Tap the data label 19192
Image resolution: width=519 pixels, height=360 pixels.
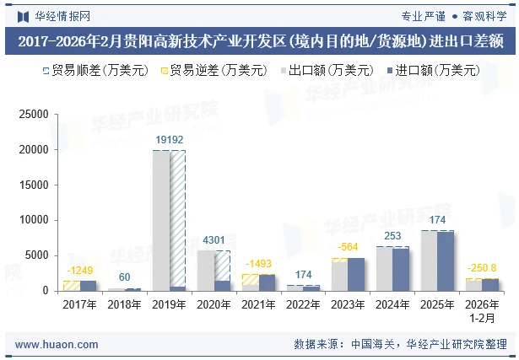tap(169, 140)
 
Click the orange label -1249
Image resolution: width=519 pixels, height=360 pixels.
tap(80, 271)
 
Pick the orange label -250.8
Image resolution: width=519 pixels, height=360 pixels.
tap(481, 268)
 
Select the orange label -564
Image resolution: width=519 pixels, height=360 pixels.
tap(347, 247)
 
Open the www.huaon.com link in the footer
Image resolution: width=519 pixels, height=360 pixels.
tap(51, 344)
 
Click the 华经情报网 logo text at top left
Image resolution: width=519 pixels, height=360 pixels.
tap(56, 14)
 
